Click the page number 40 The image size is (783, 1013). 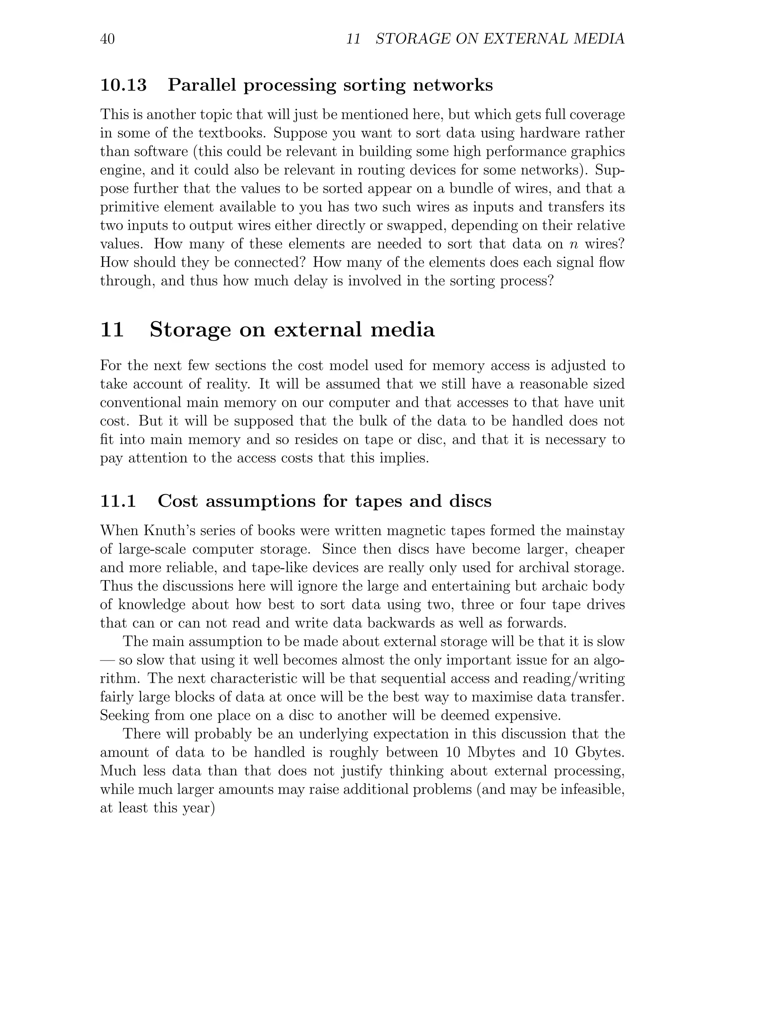coord(107,39)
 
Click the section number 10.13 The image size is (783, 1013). coord(123,85)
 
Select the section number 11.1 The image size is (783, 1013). coord(118,502)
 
